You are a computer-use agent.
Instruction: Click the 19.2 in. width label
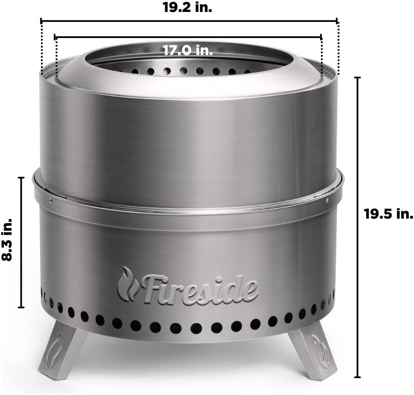187,7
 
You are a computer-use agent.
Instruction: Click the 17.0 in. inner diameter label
187,50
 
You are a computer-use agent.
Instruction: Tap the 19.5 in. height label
388,214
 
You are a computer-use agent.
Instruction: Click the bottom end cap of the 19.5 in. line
357,377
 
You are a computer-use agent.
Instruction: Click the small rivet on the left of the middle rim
50,200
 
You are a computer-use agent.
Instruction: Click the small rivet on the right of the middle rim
328,200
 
